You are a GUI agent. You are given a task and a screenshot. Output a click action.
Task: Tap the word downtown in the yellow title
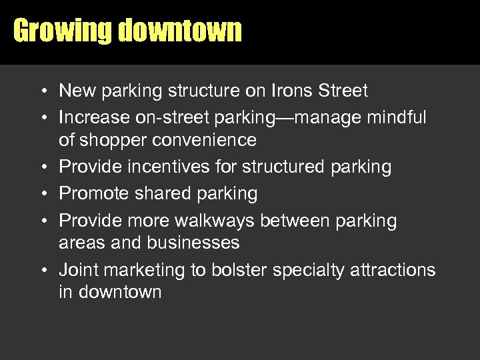180,31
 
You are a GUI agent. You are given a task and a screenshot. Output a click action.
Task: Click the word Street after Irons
344,90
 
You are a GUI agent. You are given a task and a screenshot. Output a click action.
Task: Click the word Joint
78,270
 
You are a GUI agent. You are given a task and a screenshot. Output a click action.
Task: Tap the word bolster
239,270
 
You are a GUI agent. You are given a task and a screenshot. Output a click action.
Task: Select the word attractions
397,270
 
